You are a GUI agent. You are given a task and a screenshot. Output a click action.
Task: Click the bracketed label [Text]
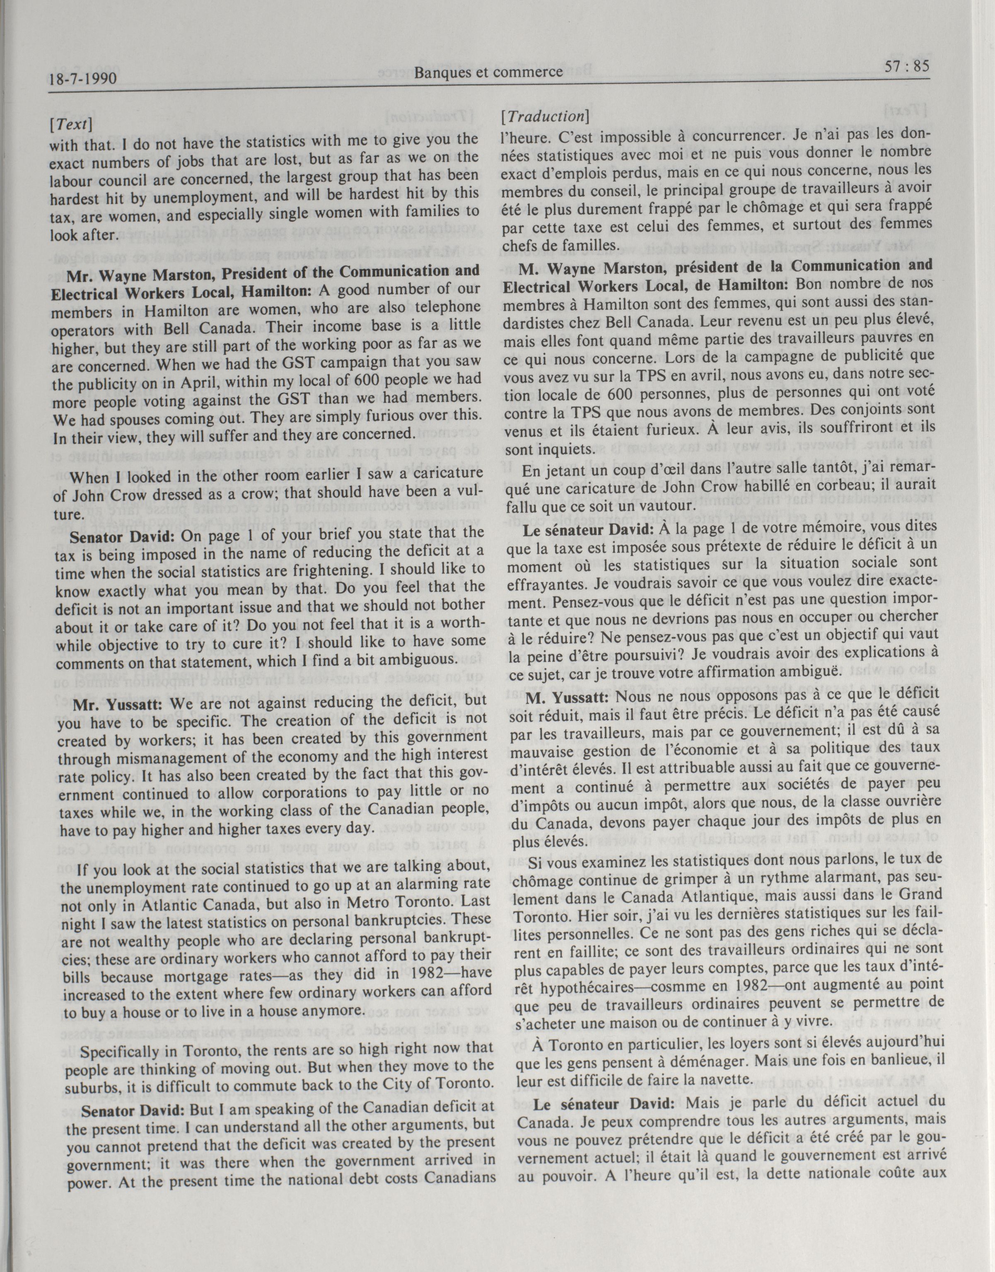click(x=72, y=123)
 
